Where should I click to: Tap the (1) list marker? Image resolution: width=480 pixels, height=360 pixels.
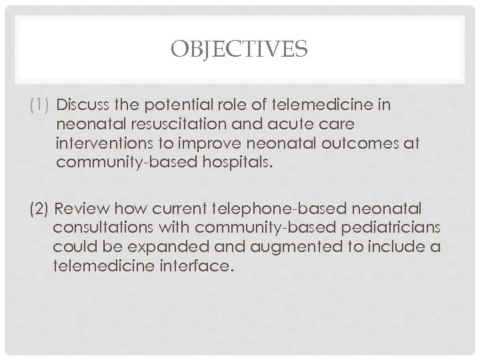click(39, 105)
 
